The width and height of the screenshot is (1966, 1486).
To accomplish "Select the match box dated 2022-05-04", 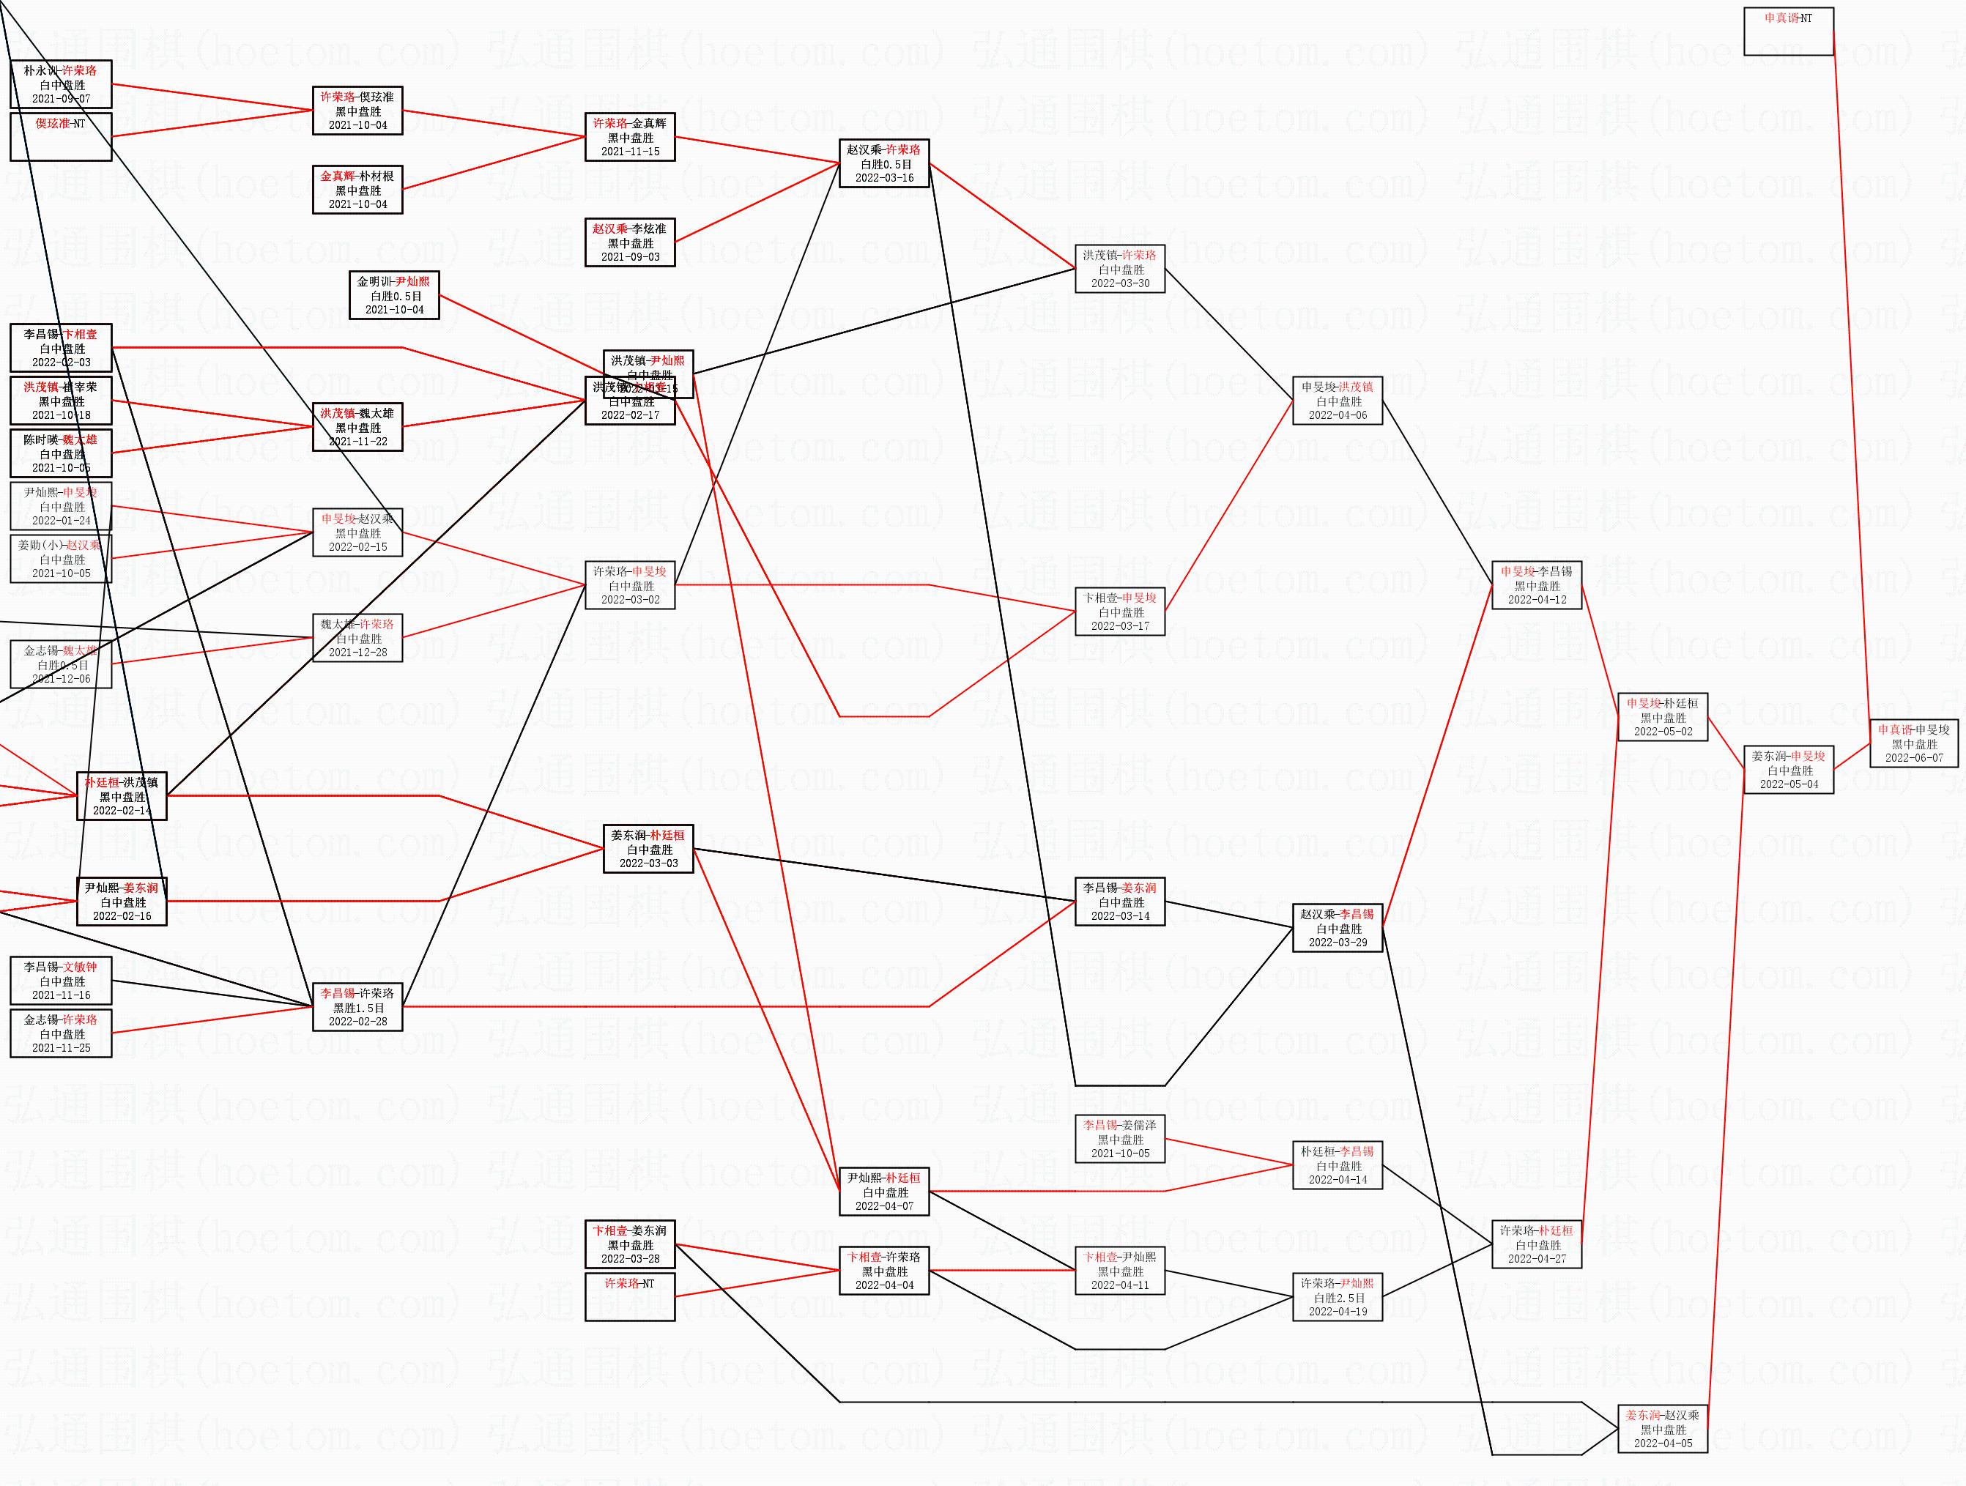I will click(1788, 770).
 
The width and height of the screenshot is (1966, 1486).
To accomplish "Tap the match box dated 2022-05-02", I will click(1662, 717).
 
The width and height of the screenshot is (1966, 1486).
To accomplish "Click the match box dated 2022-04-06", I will click(1338, 401).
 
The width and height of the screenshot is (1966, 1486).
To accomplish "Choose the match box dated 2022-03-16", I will click(884, 163).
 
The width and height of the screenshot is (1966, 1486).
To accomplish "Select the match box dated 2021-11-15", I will click(630, 138).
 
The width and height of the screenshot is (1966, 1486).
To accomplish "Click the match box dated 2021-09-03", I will click(630, 242).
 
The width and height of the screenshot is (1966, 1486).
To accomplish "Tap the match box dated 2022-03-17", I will click(1120, 612).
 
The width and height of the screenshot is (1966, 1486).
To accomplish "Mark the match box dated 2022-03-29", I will click(1338, 928).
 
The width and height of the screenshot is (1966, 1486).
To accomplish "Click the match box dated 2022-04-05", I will click(1662, 1429).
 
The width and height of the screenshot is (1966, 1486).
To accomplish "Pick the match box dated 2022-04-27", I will click(1537, 1244).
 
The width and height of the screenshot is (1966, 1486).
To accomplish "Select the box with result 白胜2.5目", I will click(1338, 1298).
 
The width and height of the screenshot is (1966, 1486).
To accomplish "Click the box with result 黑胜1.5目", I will click(357, 1007).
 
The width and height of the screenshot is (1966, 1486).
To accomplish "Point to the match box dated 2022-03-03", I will click(648, 849).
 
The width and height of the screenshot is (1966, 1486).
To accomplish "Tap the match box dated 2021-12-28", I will click(357, 638).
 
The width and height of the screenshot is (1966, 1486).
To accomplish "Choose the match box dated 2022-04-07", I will click(884, 1192).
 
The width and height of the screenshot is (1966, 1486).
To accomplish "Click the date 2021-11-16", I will click(62, 995).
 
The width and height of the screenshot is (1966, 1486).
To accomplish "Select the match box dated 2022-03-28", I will click(630, 1244).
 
